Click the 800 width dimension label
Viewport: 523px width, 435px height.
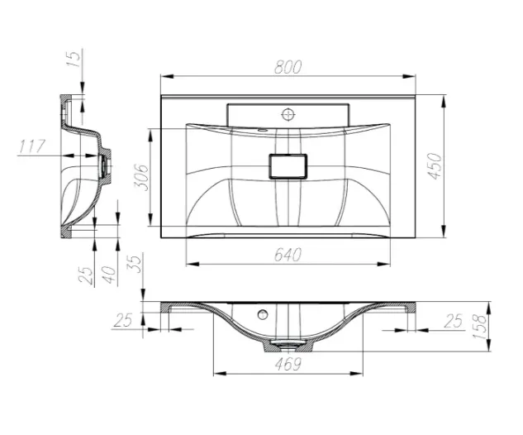click(x=288, y=67)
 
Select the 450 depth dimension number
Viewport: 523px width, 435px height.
click(x=435, y=166)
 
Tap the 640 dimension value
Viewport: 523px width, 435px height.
click(x=288, y=255)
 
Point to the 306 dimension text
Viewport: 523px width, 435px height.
click(x=141, y=177)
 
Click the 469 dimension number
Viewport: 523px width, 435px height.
click(x=288, y=364)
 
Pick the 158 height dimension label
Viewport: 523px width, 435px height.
click(x=480, y=327)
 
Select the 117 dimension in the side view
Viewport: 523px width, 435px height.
click(x=32, y=146)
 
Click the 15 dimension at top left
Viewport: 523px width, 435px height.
click(x=74, y=58)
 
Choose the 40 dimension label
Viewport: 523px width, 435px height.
click(x=109, y=275)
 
